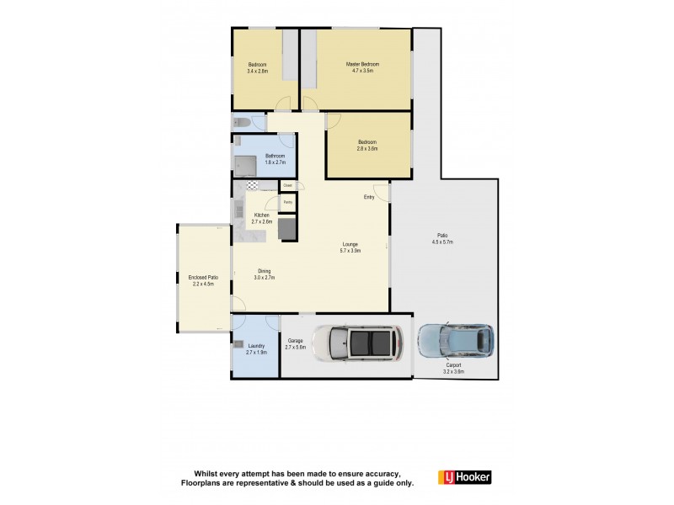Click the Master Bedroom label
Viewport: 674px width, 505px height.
pos(363,64)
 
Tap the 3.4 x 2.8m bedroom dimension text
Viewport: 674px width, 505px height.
pos(257,72)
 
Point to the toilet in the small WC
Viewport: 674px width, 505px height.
pos(239,123)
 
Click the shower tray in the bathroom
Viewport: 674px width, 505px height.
pos(244,163)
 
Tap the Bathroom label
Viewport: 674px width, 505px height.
pos(275,156)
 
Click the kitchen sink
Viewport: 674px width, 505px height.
pos(238,210)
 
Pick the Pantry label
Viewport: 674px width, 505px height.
pos(287,202)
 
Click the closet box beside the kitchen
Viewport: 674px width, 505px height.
pos(287,185)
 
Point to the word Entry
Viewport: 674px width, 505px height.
pos(369,198)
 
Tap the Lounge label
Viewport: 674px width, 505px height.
pos(350,247)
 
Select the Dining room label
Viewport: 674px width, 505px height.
pos(265,271)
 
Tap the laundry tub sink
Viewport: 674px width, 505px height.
pos(239,344)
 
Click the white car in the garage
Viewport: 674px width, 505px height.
pos(358,343)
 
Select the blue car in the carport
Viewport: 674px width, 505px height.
pos(455,340)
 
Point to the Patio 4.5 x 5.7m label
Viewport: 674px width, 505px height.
pos(442,238)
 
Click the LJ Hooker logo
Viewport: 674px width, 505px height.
pos(464,477)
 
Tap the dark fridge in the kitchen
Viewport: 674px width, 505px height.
pos(287,228)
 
